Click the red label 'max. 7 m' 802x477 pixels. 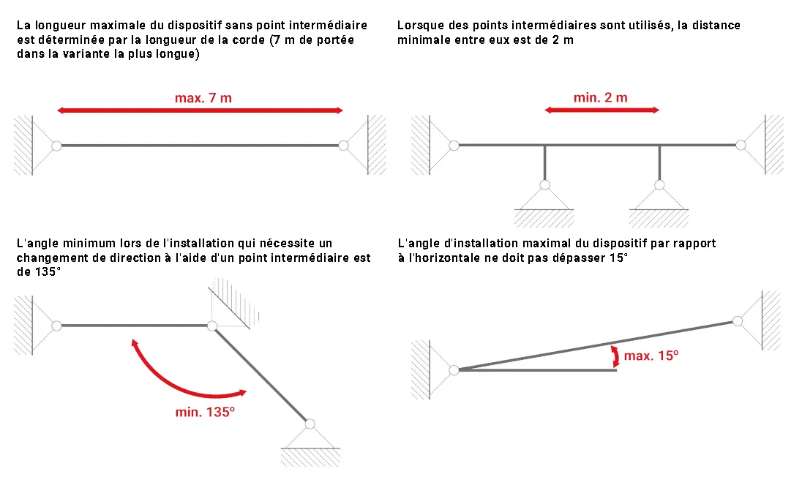tap(203, 97)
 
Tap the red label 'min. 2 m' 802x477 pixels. tap(601, 97)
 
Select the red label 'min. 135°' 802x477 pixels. tap(205, 412)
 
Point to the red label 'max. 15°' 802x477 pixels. tap(651, 356)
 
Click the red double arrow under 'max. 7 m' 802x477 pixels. tap(200, 110)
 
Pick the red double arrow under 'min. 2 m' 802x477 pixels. tap(602, 110)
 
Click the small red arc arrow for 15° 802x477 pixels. tap(616, 356)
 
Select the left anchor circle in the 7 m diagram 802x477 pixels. tap(57, 146)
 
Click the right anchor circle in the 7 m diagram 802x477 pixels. tap(344, 146)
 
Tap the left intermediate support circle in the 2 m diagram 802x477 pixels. tap(544, 185)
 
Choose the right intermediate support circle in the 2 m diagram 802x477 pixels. tap(659, 185)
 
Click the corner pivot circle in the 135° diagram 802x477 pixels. tap(212, 326)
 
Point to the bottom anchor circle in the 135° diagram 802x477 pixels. tap(310, 424)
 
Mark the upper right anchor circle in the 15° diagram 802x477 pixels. tap(738, 321)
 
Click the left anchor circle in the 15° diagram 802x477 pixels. tap(454, 370)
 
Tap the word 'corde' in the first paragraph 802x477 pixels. tap(249, 40)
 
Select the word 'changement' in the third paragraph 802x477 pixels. tap(45, 258)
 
